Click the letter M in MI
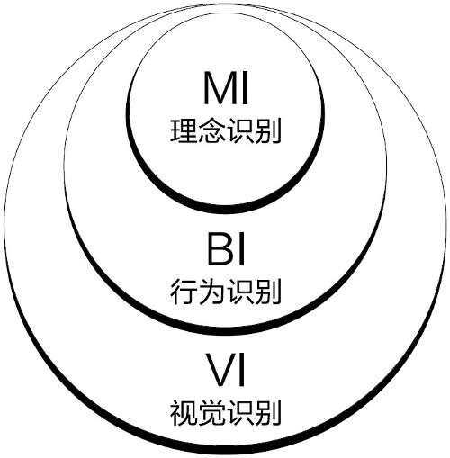point(220,88)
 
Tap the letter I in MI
point(245,88)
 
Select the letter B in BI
point(220,249)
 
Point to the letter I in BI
point(241,249)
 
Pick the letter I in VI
point(241,370)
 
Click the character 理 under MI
point(184,131)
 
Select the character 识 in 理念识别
point(239,131)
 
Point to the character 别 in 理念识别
point(267,131)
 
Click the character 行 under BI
point(184,292)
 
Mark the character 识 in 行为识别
point(239,292)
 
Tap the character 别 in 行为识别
point(267,292)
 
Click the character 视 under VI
point(184,412)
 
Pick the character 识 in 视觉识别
point(239,412)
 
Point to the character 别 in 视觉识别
point(267,412)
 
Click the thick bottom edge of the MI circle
point(225,210)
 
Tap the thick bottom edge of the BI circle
point(225,330)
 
